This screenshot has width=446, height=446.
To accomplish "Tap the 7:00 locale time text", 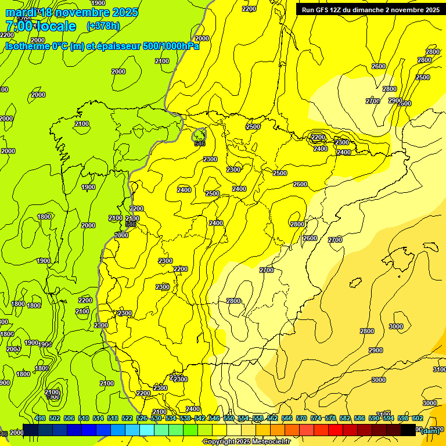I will pos(41,26).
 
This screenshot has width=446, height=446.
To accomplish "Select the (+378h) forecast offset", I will pos(103,26).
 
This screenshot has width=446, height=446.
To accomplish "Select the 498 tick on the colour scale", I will pos(40,418).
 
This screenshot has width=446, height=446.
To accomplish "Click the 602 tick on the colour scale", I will pos(417,418).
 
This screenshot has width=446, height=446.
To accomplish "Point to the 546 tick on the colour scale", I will pos(214,418).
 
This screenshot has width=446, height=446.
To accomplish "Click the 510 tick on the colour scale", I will pos(84,418).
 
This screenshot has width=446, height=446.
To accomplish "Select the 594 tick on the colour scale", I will pos(389,418).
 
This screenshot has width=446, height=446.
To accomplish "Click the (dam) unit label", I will pos(430,430).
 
